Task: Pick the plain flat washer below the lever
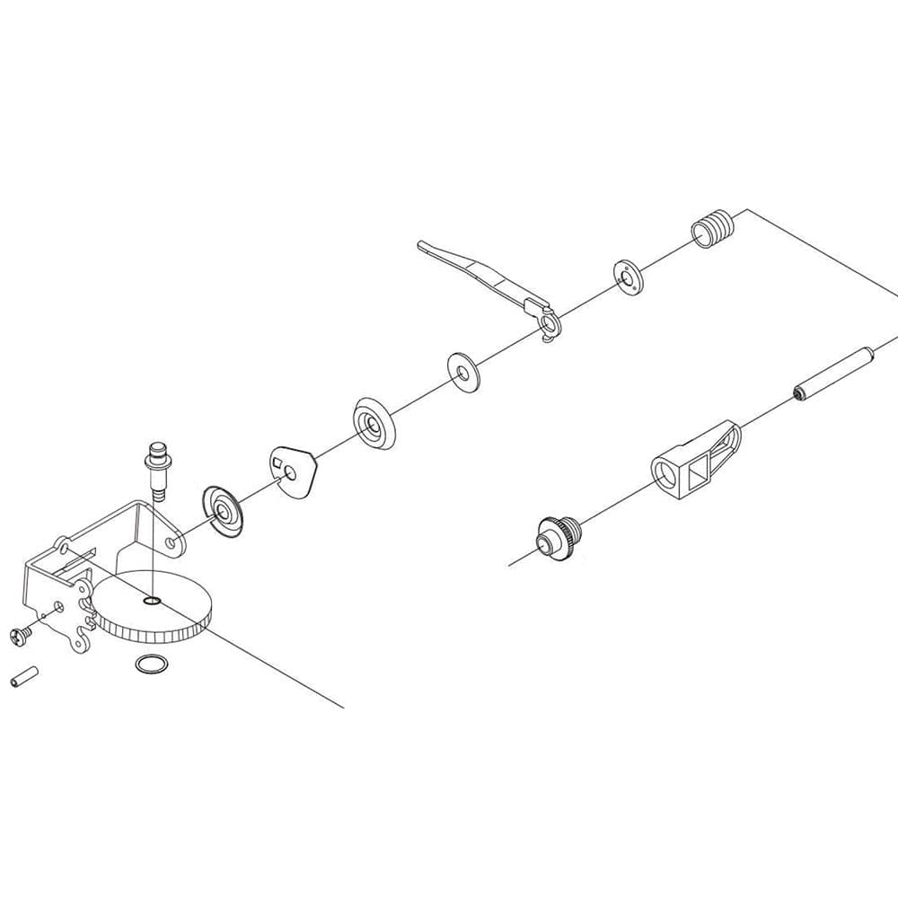[463, 369]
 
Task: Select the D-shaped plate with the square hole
[294, 471]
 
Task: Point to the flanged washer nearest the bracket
[223, 511]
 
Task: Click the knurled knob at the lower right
[555, 539]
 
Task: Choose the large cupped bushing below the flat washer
[373, 422]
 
